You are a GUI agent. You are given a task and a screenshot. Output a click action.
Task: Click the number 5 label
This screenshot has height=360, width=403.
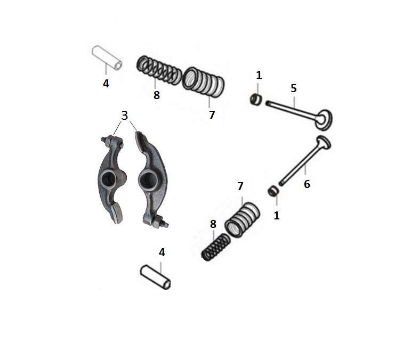(294, 88)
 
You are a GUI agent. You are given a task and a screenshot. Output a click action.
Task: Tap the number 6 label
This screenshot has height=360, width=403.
(307, 184)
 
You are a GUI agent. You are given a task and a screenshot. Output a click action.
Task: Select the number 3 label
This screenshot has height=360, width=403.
(125, 116)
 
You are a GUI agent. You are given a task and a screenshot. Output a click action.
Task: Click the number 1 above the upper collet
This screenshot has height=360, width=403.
(259, 75)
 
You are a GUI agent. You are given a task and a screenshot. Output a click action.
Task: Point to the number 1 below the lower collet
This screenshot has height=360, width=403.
(277, 216)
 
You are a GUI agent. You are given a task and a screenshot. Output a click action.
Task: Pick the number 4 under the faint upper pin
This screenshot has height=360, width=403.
(106, 84)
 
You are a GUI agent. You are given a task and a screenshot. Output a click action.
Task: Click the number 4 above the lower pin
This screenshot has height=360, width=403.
(162, 252)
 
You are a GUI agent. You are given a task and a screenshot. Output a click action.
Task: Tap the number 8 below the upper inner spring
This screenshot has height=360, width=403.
(157, 95)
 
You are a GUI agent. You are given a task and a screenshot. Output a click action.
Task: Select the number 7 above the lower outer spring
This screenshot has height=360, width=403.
(240, 186)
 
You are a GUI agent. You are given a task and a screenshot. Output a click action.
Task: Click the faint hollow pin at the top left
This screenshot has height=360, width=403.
(107, 58)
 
